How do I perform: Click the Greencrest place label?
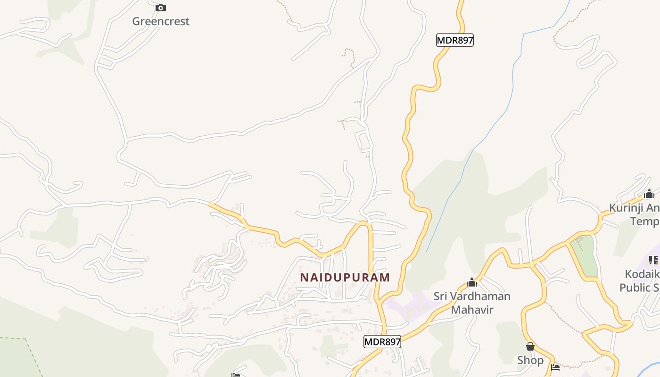[161, 21]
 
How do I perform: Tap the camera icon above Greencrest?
[161, 8]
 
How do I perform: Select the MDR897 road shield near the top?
[454, 40]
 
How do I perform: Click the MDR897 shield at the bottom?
[382, 342]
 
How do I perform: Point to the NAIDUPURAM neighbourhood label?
[345, 277]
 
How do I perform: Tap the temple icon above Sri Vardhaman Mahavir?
[472, 283]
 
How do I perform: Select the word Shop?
[530, 360]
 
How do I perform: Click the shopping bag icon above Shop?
[530, 347]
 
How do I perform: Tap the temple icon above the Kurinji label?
[649, 194]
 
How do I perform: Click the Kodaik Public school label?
[640, 281]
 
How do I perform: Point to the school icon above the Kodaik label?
[653, 260]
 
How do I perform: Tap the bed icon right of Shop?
[555, 367]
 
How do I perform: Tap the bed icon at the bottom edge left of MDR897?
[236, 375]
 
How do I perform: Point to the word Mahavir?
[472, 310]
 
